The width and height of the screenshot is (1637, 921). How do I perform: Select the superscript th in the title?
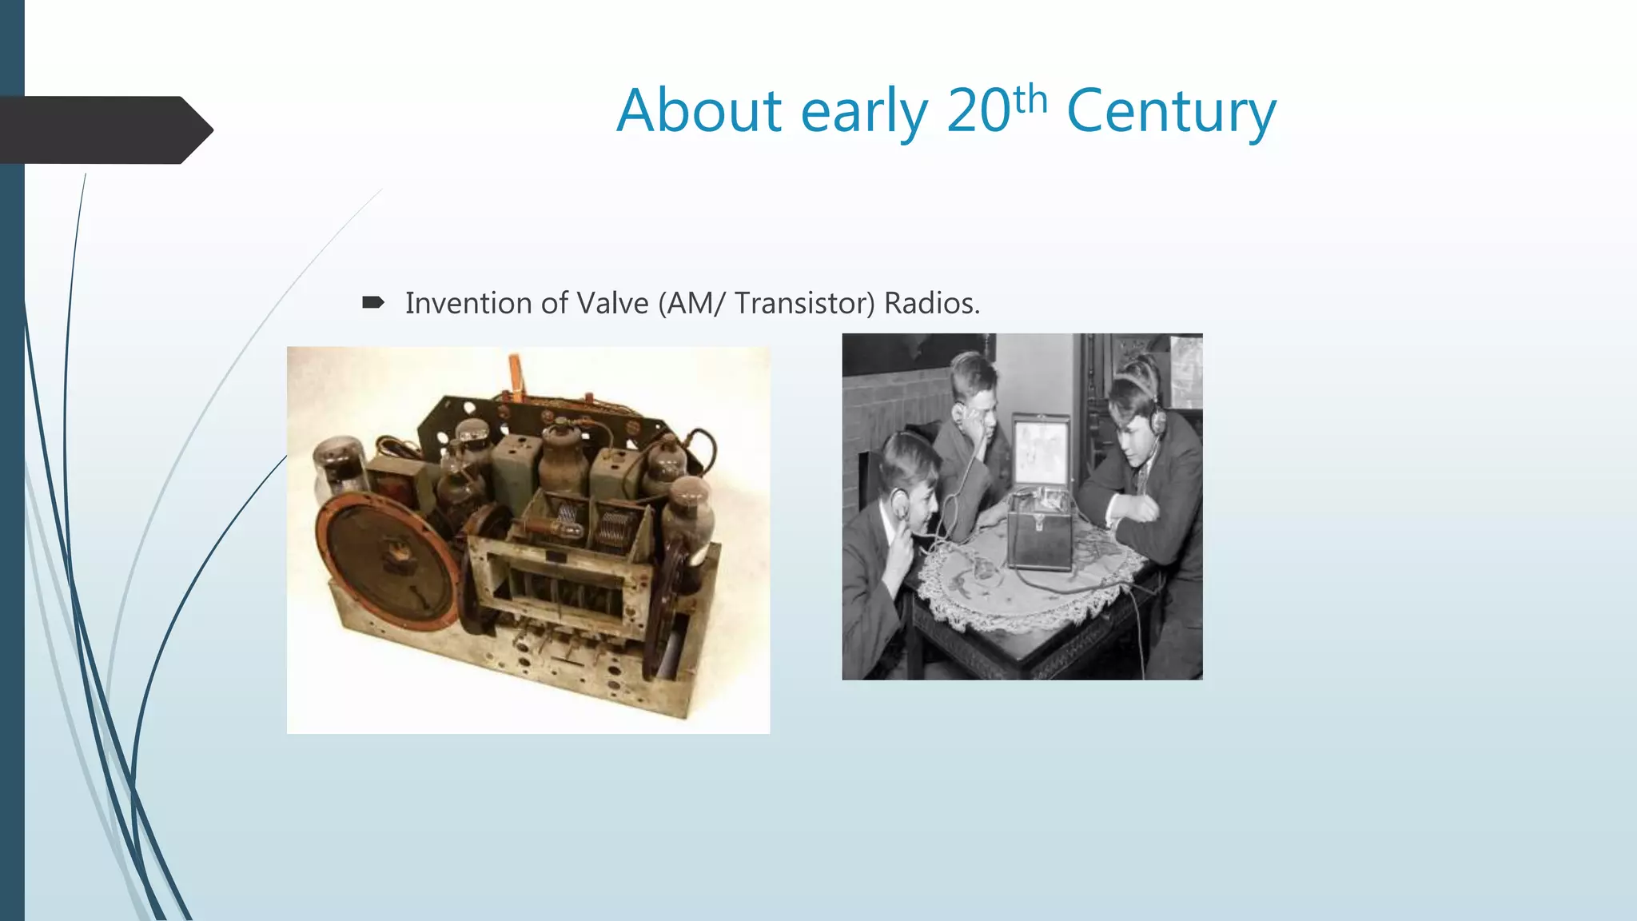pyautogui.click(x=1030, y=99)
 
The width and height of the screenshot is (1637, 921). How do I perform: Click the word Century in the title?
pyautogui.click(x=1171, y=112)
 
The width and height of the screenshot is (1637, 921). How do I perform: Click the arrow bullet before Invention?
pyautogui.click(x=373, y=302)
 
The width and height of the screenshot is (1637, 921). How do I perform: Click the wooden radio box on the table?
pyautogui.click(x=1039, y=529)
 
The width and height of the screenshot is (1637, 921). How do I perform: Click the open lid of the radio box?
pyautogui.click(x=1041, y=451)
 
